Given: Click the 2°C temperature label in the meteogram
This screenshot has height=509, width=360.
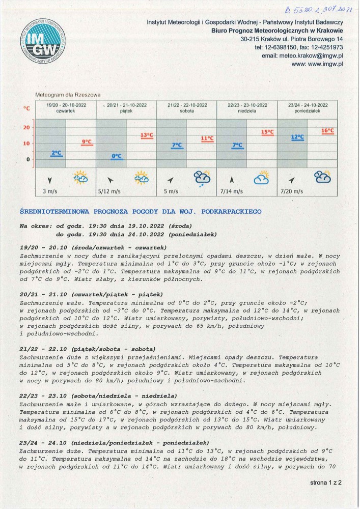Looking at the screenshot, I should [x=56, y=153].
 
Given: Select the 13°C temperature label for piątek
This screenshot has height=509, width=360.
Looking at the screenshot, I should [x=147, y=135].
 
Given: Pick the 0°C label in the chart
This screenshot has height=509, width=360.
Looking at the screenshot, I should [x=117, y=156].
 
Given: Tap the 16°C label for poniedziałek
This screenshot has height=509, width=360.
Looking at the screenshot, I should [x=327, y=131].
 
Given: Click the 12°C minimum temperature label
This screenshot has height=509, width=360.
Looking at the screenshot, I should [x=297, y=137].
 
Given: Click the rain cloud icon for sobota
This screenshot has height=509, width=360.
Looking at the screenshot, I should [x=202, y=178].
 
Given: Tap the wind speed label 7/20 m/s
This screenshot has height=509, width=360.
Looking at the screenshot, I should [x=292, y=192].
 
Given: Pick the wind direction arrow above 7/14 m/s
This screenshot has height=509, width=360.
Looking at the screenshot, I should [x=232, y=179].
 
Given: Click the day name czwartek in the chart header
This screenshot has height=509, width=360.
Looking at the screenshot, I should [x=66, y=110].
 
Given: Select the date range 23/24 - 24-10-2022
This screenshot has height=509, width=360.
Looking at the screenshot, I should [x=308, y=105].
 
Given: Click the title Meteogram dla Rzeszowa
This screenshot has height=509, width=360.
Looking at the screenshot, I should [x=68, y=95].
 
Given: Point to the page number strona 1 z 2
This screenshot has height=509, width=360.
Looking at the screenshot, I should [x=326, y=482].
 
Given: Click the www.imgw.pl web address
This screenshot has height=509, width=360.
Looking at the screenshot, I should [x=317, y=64].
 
